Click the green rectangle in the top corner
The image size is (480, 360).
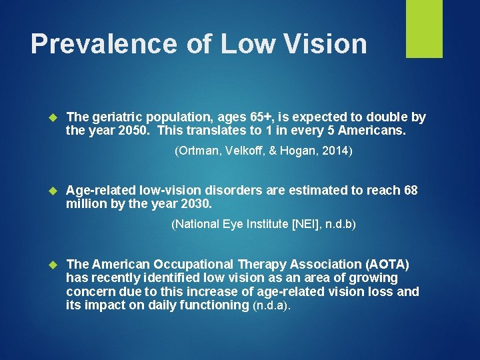pos(424,29)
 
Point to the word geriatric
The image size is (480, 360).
pos(121,117)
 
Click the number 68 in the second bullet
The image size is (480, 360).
pos(411,191)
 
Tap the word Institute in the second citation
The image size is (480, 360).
pos(265,224)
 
